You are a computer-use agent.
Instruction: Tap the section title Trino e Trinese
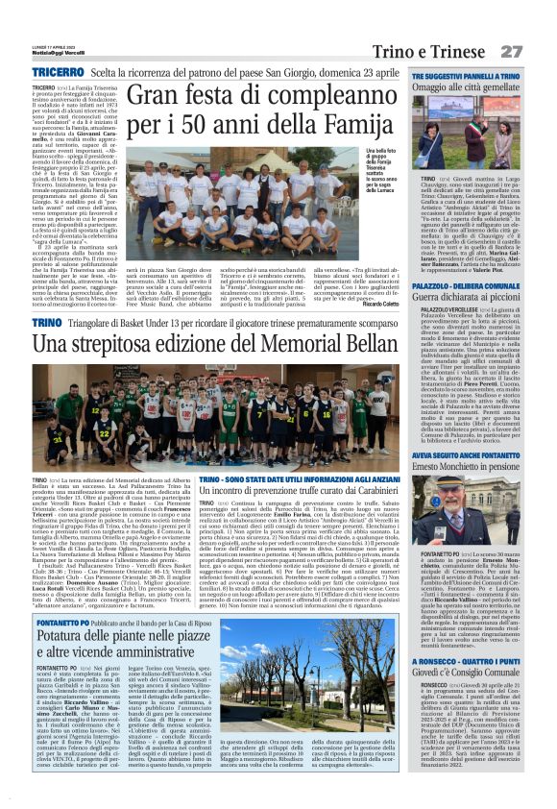[443, 50]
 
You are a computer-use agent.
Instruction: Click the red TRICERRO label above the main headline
[57, 72]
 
